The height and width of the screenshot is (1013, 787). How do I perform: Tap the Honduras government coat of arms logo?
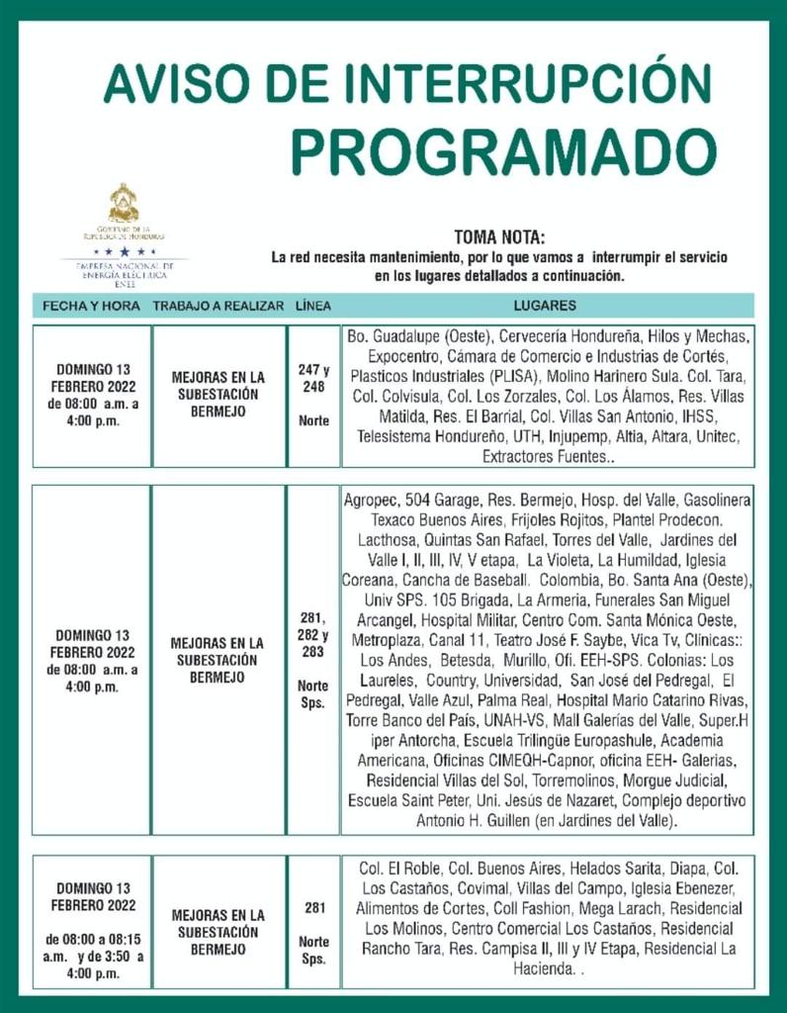click(x=124, y=204)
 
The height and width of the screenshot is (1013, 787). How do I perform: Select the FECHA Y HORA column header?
click(x=91, y=306)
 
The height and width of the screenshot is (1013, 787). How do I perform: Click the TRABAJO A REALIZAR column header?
click(x=219, y=306)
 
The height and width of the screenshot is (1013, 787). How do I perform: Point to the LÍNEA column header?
click(x=313, y=306)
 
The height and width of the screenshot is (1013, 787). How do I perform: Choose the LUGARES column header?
click(x=545, y=306)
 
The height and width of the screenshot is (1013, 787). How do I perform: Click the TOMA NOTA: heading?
click(x=499, y=237)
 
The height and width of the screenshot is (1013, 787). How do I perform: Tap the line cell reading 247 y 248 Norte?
click(x=313, y=394)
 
